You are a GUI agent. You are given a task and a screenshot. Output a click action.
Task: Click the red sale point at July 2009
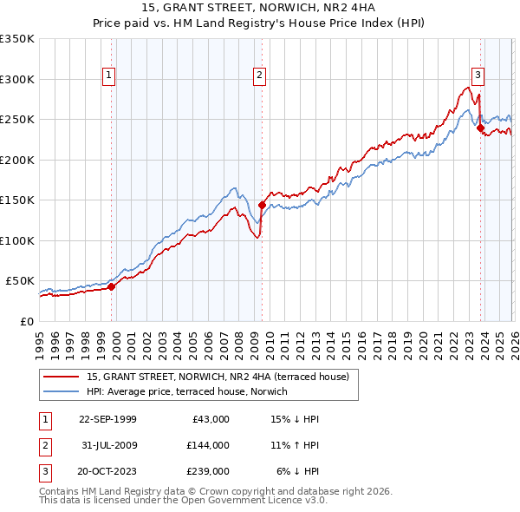tap(262, 205)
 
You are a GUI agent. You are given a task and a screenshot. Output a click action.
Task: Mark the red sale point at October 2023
tap(480, 128)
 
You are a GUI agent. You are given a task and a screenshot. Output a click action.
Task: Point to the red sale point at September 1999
tap(112, 286)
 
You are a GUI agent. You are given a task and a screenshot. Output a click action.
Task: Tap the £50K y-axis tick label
tap(21, 281)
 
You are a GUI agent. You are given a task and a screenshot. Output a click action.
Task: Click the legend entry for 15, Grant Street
tap(217, 377)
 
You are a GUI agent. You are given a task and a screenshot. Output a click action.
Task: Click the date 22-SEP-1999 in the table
tap(107, 419)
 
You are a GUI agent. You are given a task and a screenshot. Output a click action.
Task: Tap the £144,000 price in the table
tap(208, 445)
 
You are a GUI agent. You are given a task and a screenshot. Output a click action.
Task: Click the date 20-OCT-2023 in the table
tap(107, 472)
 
